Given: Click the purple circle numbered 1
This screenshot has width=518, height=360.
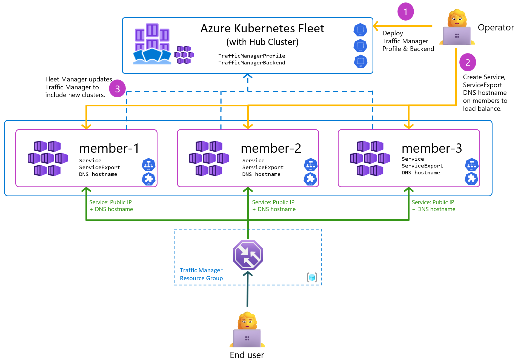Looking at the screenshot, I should click(405, 12).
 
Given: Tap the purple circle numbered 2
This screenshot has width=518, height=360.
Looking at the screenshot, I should click(468, 63).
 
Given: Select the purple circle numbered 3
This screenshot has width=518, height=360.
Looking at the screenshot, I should click(118, 89).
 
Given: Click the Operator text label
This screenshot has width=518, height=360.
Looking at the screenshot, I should click(496, 27).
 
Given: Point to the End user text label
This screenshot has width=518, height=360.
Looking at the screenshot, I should click(247, 355).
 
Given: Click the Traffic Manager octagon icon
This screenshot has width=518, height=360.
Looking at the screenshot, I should click(248, 255).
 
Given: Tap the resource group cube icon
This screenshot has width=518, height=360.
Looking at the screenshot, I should click(312, 277).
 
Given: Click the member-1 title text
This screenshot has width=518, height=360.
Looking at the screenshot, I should click(109, 148).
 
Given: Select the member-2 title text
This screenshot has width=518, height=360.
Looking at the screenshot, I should click(271, 148).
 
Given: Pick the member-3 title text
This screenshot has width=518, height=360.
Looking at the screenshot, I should click(432, 148).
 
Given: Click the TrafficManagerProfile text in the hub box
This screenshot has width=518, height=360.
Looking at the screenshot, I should click(251, 56).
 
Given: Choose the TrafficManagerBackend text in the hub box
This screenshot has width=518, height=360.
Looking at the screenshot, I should click(251, 63).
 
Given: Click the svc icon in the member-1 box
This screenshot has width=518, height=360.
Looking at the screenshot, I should click(148, 165).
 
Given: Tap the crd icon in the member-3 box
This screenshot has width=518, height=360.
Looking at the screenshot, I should click(471, 179).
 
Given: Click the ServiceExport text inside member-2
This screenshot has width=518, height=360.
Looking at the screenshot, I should click(263, 167).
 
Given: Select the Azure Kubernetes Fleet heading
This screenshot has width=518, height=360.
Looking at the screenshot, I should click(262, 29).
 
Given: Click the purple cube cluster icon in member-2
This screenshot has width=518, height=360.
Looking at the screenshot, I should click(209, 158).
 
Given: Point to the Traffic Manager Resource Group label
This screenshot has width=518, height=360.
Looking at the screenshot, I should click(201, 274).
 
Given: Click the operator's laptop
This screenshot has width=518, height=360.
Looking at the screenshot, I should click(457, 36).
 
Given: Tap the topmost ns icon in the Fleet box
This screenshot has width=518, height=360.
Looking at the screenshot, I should click(360, 30).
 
